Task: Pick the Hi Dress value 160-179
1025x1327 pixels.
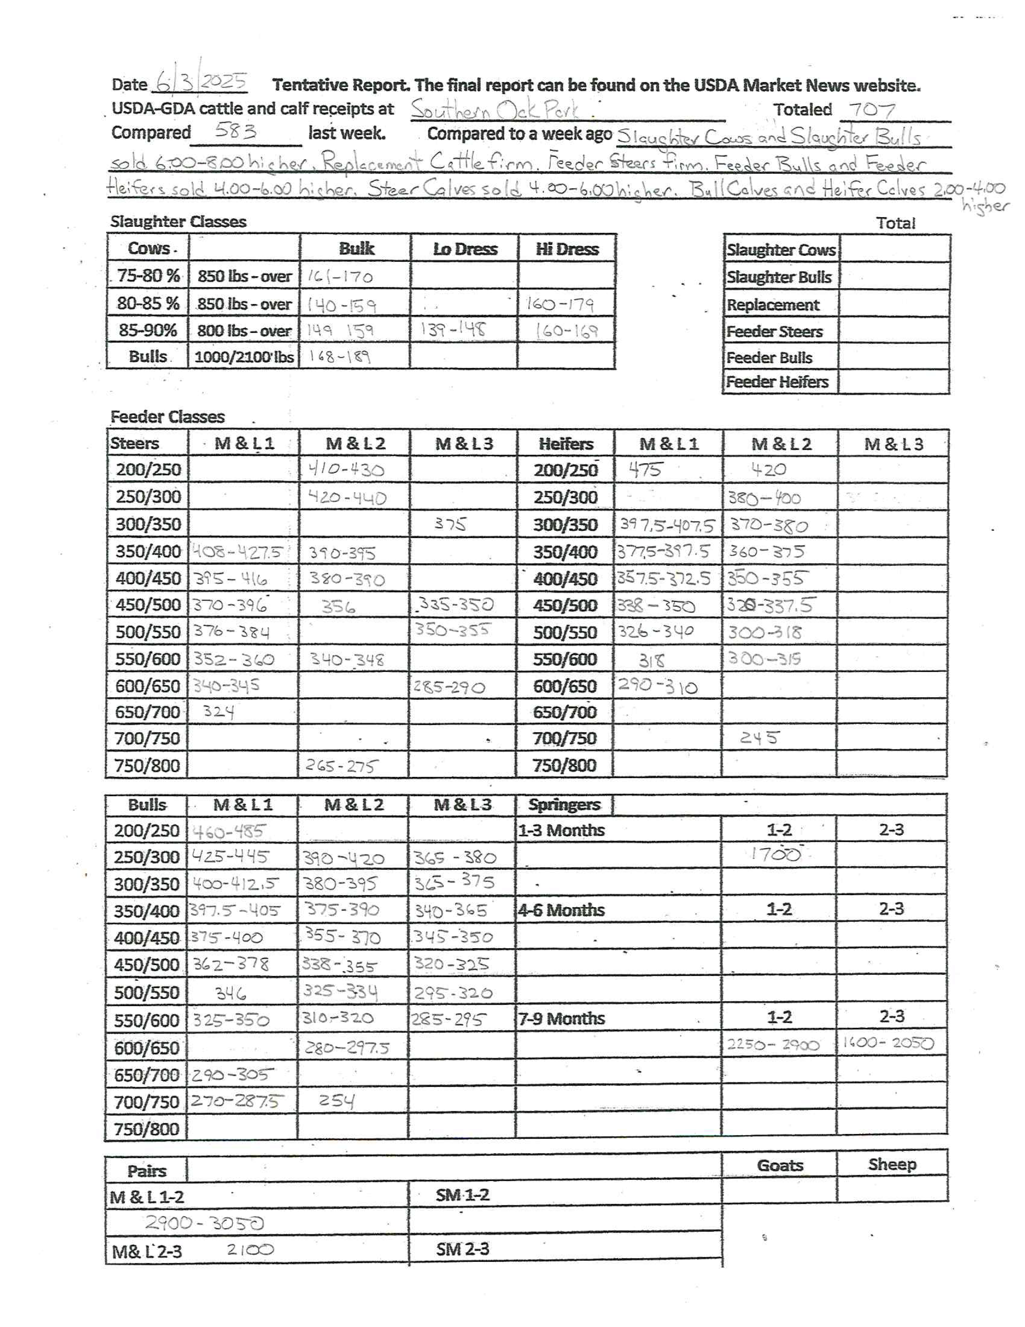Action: click(560, 303)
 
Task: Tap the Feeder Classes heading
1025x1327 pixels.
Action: click(168, 417)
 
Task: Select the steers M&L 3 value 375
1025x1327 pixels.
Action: click(450, 524)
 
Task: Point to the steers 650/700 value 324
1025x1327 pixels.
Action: click(219, 711)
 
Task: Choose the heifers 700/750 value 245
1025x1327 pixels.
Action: click(759, 737)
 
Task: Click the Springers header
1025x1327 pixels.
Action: click(564, 805)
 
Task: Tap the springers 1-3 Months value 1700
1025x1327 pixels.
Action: click(775, 854)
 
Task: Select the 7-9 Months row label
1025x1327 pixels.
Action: click(562, 1018)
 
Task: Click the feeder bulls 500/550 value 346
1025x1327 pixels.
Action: click(231, 993)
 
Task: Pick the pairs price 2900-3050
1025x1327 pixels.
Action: click(205, 1223)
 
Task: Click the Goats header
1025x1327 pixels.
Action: click(780, 1165)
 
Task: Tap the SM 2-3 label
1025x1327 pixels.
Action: click(462, 1249)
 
